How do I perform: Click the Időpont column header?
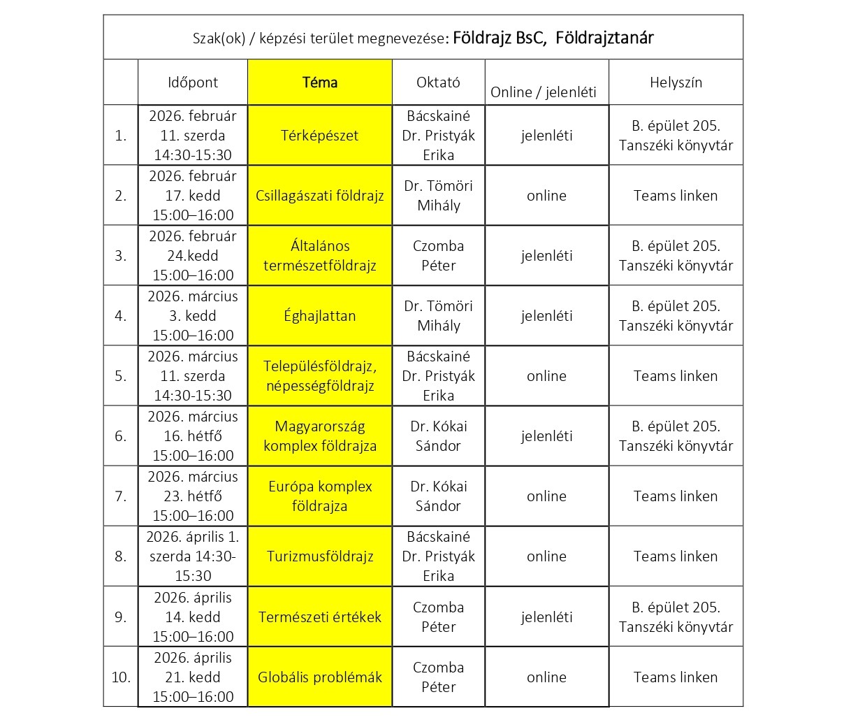pyautogui.click(x=193, y=82)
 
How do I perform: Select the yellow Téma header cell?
pyautogui.click(x=320, y=82)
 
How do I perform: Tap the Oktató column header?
pyautogui.click(x=438, y=82)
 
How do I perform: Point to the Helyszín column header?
pyautogui.click(x=676, y=82)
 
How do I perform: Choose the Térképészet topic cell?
pyautogui.click(x=320, y=136)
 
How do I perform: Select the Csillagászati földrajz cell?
pyautogui.click(x=320, y=196)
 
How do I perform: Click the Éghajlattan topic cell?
pyautogui.click(x=320, y=316)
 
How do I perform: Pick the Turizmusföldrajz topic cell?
pyautogui.click(x=320, y=556)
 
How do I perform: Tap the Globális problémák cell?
pyautogui.click(x=320, y=677)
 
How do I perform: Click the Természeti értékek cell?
pyautogui.click(x=320, y=617)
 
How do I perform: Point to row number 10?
pyautogui.click(x=121, y=677)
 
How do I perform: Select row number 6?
pyautogui.click(x=121, y=436)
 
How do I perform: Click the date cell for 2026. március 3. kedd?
pyautogui.click(x=193, y=316)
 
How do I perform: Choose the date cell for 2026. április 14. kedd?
pyautogui.click(x=193, y=617)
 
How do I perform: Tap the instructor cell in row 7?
pyautogui.click(x=438, y=496)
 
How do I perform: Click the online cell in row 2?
pyautogui.click(x=546, y=196)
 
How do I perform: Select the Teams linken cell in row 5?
pyautogui.click(x=676, y=376)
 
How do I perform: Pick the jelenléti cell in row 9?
pyautogui.click(x=546, y=617)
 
